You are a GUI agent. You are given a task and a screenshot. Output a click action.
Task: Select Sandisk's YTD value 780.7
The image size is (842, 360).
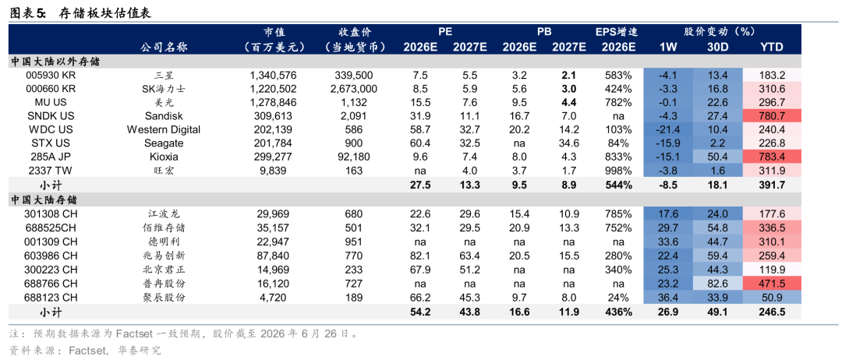tap(772, 116)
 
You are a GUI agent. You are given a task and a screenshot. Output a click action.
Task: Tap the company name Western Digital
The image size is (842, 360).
tap(164, 130)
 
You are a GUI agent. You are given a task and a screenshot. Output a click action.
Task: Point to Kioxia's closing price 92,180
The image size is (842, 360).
tap(352, 157)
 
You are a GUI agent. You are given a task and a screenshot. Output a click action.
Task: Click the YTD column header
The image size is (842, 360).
tap(772, 47)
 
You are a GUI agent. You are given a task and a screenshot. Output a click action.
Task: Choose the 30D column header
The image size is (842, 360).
tap(718, 47)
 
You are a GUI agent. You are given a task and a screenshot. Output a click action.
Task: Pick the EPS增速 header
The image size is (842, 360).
tap(617, 32)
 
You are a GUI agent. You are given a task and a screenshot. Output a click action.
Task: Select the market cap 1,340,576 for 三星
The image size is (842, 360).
tap(274, 75)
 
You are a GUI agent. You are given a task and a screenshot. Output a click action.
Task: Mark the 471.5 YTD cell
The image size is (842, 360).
tap(772, 283)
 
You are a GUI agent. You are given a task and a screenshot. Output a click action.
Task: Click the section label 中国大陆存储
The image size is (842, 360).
tap(44, 199)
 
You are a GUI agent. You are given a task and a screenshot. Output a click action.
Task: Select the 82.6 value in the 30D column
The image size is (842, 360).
tap(718, 283)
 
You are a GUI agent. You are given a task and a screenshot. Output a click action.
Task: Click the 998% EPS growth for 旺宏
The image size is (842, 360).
tap(617, 171)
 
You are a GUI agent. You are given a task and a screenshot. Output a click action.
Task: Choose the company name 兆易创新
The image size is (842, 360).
tap(164, 256)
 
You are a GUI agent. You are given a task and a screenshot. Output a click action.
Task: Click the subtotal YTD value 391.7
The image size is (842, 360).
tap(772, 185)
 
